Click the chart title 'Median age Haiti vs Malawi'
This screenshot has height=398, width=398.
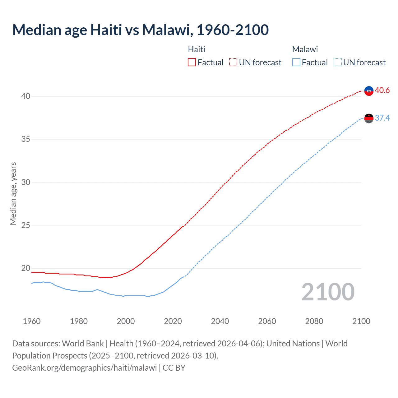140,30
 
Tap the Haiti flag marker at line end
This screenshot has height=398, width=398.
369,91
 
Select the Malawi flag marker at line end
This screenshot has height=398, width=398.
369,118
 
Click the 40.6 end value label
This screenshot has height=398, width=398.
382,90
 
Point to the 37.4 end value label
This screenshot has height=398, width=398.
382,118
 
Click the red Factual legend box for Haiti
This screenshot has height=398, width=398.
192,62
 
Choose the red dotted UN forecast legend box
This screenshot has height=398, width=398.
233,62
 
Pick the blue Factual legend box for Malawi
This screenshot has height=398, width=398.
296,62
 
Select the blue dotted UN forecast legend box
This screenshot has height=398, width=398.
338,62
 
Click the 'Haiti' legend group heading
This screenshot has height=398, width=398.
197,49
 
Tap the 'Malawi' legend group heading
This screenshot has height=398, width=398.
305,49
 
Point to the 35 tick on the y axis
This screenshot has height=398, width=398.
26,139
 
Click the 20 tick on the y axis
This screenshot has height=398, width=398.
26,268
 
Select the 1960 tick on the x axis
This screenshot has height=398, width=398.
32,321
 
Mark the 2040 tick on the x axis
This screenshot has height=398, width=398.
220,321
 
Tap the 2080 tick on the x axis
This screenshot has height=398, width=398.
314,321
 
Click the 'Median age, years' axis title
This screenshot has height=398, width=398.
13,193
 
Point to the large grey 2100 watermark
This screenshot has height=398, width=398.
328,292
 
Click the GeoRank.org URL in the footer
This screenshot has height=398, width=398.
85,368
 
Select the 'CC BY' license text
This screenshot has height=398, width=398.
174,368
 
